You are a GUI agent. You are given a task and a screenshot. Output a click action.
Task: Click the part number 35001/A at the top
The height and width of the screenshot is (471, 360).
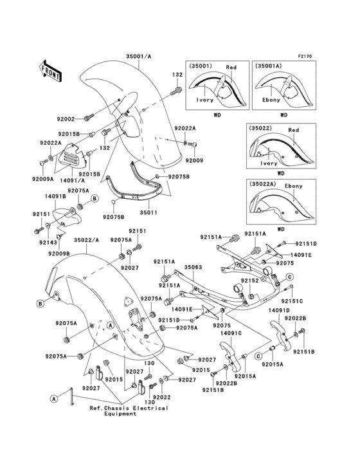pos(135,56)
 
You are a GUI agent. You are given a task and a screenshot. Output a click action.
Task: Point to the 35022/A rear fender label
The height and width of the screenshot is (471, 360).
pos(86,240)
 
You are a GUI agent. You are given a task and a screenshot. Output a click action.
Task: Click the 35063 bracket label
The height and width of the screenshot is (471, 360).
pos(194,266)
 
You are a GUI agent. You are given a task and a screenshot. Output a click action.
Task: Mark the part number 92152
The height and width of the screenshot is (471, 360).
pos(249,281)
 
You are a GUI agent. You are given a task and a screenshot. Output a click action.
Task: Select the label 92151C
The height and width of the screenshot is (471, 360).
pos(291,300)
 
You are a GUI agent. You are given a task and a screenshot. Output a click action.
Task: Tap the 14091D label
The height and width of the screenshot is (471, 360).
pos(279,310)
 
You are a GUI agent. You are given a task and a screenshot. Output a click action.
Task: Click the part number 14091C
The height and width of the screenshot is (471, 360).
pos(231,333)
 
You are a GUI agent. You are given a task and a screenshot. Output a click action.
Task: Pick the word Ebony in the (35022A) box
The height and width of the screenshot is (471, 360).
pos(294,186)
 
